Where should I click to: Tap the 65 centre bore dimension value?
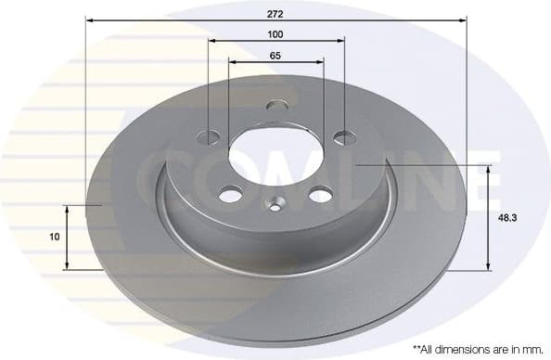coord(275,56)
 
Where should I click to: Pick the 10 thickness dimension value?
coord(55,237)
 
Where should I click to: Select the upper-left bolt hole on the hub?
coord(210,137)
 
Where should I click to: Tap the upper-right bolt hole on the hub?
coord(343,137)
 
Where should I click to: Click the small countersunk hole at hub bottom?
coord(275,201)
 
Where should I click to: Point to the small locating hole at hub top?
coord(275,106)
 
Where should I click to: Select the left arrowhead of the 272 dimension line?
coord(89,18)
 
